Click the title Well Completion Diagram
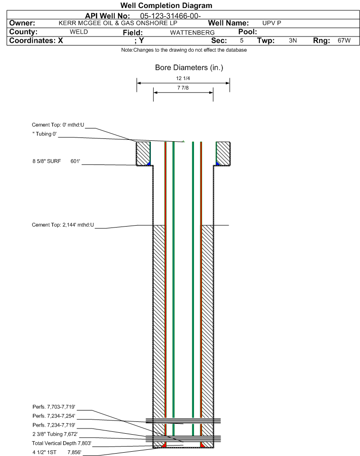tap(166, 6)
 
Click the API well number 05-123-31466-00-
tap(171, 16)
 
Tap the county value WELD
tap(79, 32)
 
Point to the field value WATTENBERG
tap(192, 32)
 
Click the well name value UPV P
tap(272, 23)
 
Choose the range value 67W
tap(344, 41)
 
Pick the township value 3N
tap(293, 41)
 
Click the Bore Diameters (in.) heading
tap(189, 68)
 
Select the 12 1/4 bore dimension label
tap(183, 78)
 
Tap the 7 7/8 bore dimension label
tap(183, 88)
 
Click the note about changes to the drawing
tap(184, 50)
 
